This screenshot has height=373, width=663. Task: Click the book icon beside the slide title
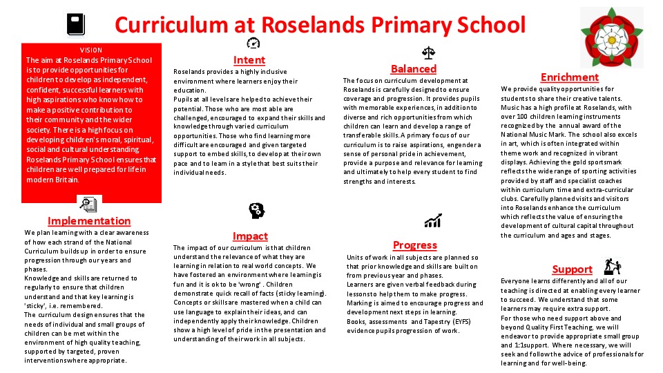click(75, 25)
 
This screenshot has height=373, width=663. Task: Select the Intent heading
click(249, 60)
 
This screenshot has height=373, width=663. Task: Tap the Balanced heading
click(414, 68)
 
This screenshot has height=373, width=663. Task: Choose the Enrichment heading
click(570, 77)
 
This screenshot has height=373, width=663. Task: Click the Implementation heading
click(89, 221)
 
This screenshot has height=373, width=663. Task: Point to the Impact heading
click(250, 236)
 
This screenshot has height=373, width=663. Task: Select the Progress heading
click(415, 245)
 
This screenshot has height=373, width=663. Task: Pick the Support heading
click(573, 269)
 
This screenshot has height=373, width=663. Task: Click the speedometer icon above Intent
click(253, 43)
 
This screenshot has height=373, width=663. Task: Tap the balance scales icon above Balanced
click(428, 52)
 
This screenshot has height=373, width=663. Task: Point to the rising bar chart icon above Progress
click(434, 221)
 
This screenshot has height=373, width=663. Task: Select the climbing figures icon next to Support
click(613, 265)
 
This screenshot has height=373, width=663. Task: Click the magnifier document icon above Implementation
click(88, 204)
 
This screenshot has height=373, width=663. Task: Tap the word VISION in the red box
click(91, 50)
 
